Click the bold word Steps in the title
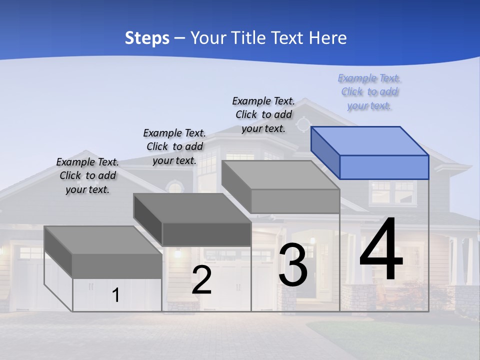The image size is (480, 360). (147, 38)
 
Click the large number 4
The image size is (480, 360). (381, 250)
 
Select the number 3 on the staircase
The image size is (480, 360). (293, 265)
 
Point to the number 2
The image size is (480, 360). (201, 280)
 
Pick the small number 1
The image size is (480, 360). (116, 295)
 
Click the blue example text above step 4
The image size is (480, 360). (369, 92)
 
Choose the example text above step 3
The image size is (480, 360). (263, 114)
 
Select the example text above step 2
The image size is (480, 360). (174, 146)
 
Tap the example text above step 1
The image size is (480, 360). (87, 175)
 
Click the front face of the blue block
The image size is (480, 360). (384, 167)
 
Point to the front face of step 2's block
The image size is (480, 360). (206, 234)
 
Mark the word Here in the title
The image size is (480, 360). (328, 38)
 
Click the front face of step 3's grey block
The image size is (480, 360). (295, 201)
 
